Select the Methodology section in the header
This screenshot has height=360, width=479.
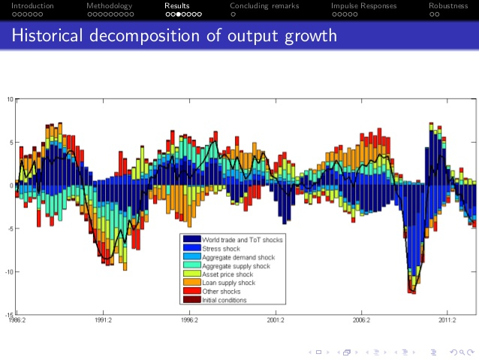coord(109,6)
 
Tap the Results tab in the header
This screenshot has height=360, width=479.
coord(177,6)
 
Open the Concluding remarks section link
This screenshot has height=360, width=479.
coord(264,6)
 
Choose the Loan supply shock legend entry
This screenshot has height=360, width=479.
coord(228,283)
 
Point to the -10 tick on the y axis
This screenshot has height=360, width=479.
coord(8,272)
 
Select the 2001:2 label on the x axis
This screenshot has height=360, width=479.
coord(276,320)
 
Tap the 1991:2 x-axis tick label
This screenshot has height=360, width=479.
coord(103,320)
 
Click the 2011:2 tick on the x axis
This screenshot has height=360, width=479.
coord(447,320)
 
